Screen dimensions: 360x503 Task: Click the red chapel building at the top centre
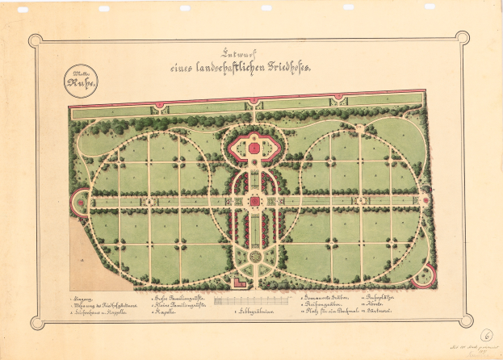(254, 148)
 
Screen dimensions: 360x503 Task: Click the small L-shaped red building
(237, 282)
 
